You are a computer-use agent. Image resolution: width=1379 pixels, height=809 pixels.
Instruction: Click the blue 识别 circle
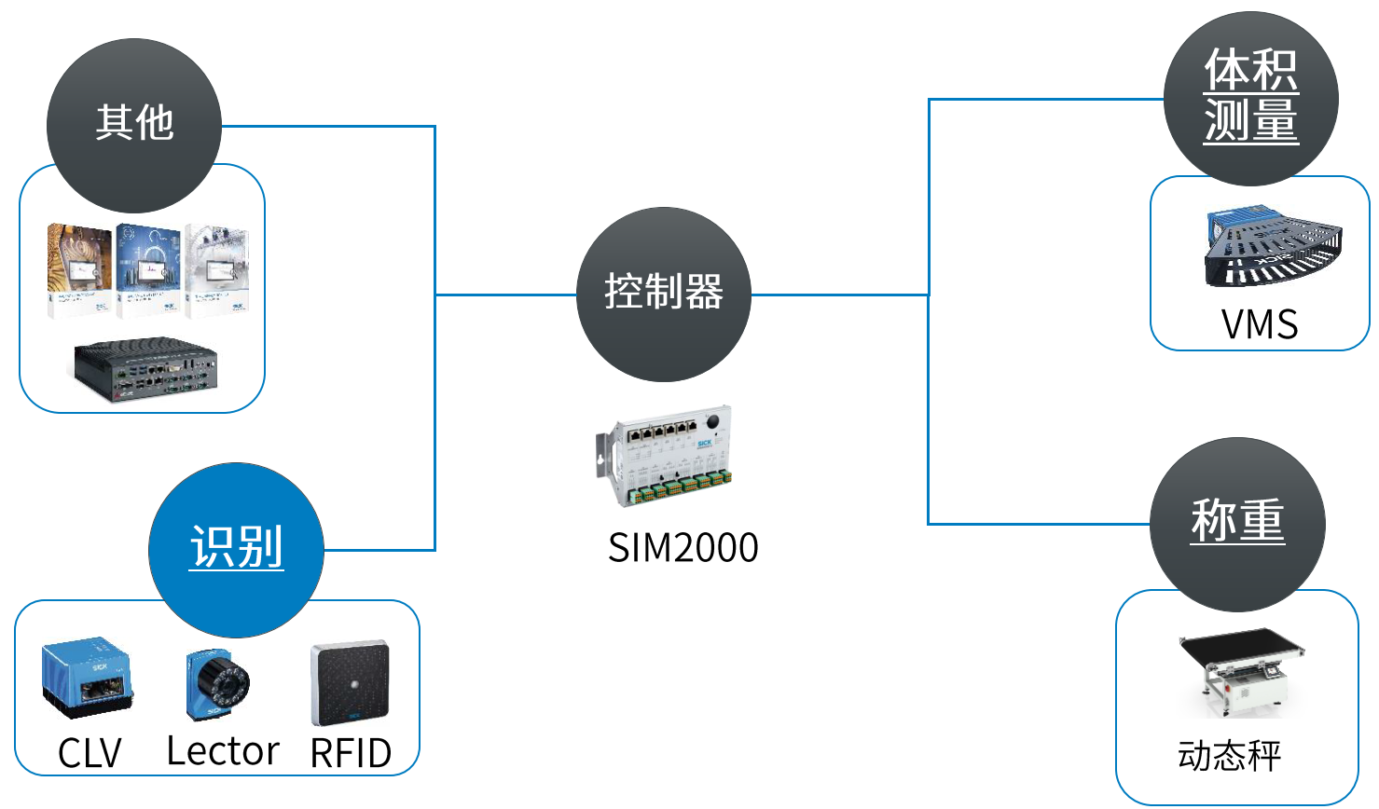(x=236, y=550)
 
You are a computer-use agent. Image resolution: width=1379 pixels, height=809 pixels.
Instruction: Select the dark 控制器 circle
(x=664, y=294)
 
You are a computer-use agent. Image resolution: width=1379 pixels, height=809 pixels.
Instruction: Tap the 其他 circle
(x=134, y=125)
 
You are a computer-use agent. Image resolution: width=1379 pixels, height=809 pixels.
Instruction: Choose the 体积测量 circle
(x=1250, y=97)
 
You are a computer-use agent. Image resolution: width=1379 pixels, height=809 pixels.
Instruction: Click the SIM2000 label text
(x=683, y=548)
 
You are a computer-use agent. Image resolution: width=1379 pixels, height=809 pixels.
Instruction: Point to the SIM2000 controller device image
(x=664, y=455)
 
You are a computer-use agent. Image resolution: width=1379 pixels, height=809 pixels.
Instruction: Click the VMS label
(x=1260, y=324)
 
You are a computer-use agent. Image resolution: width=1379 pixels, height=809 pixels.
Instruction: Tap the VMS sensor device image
(x=1272, y=248)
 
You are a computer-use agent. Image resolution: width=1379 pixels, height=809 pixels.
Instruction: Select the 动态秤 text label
(x=1230, y=756)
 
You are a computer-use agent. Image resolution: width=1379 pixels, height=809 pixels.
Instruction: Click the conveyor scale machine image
(x=1241, y=671)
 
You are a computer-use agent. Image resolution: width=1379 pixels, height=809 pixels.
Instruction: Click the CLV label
(x=90, y=753)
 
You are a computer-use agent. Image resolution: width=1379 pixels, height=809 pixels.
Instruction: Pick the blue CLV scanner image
(x=86, y=679)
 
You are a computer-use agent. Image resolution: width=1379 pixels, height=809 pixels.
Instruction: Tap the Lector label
(x=222, y=751)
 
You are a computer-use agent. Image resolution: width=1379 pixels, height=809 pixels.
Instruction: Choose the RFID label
(x=351, y=753)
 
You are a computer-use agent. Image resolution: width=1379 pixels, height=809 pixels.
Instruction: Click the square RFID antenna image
(x=351, y=683)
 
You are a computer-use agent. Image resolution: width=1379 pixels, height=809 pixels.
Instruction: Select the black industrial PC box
(x=145, y=369)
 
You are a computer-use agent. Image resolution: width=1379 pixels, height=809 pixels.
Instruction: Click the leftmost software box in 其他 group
(x=80, y=270)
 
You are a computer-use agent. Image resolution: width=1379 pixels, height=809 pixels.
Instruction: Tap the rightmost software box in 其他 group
(x=217, y=270)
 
